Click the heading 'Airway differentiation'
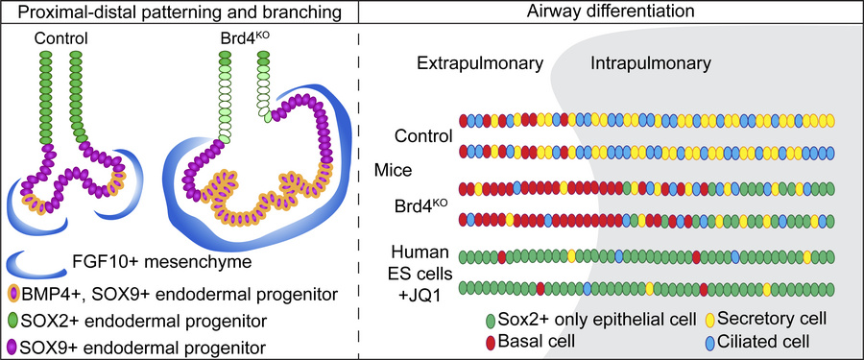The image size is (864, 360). pyautogui.click(x=611, y=13)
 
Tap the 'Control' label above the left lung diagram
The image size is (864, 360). pyautogui.click(x=60, y=39)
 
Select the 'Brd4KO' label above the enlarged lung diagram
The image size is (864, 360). pyautogui.click(x=241, y=39)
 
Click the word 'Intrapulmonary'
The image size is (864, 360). pyautogui.click(x=650, y=64)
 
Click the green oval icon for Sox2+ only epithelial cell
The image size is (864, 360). pyautogui.click(x=493, y=319)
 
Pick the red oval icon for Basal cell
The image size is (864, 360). pyautogui.click(x=493, y=340)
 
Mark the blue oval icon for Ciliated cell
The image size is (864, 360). pyautogui.click(x=711, y=340)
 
